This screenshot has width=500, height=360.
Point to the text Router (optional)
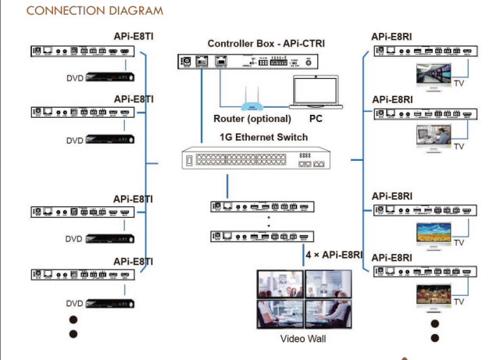(252, 119)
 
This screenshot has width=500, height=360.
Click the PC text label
(316, 119)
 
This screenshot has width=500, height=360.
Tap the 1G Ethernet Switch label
(262, 137)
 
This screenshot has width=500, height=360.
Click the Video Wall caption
(302, 340)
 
